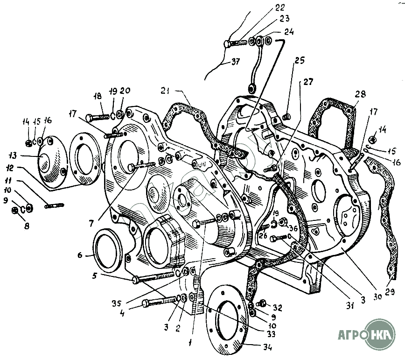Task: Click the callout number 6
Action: tap(80, 255)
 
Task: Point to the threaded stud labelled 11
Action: tap(54, 205)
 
